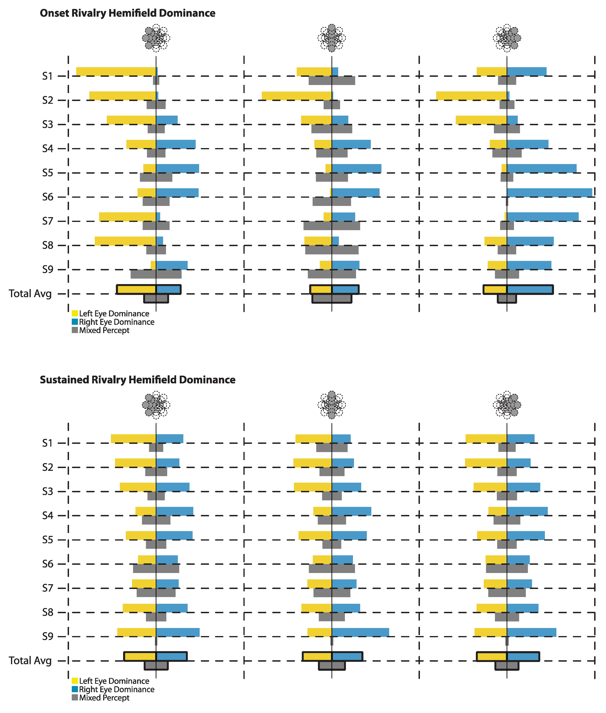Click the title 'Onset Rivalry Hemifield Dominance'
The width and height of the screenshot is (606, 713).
pyautogui.click(x=127, y=13)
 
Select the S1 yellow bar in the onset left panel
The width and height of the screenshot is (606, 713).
pyautogui.click(x=116, y=71)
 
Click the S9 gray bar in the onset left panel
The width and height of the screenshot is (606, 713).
pyautogui.click(x=156, y=274)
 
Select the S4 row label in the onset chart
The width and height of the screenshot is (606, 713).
pyautogui.click(x=48, y=149)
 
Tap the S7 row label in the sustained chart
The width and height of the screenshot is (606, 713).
pyautogui.click(x=48, y=588)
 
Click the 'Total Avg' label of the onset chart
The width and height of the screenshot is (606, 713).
pyautogui.click(x=30, y=294)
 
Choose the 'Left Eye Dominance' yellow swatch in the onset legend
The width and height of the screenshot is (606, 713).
pyautogui.click(x=75, y=313)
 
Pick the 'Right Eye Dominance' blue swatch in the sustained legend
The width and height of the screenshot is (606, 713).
pyautogui.click(x=75, y=689)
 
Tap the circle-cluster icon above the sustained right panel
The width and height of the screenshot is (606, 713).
pyautogui.click(x=507, y=405)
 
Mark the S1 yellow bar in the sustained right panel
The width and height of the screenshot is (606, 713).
pyautogui.click(x=486, y=439)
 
